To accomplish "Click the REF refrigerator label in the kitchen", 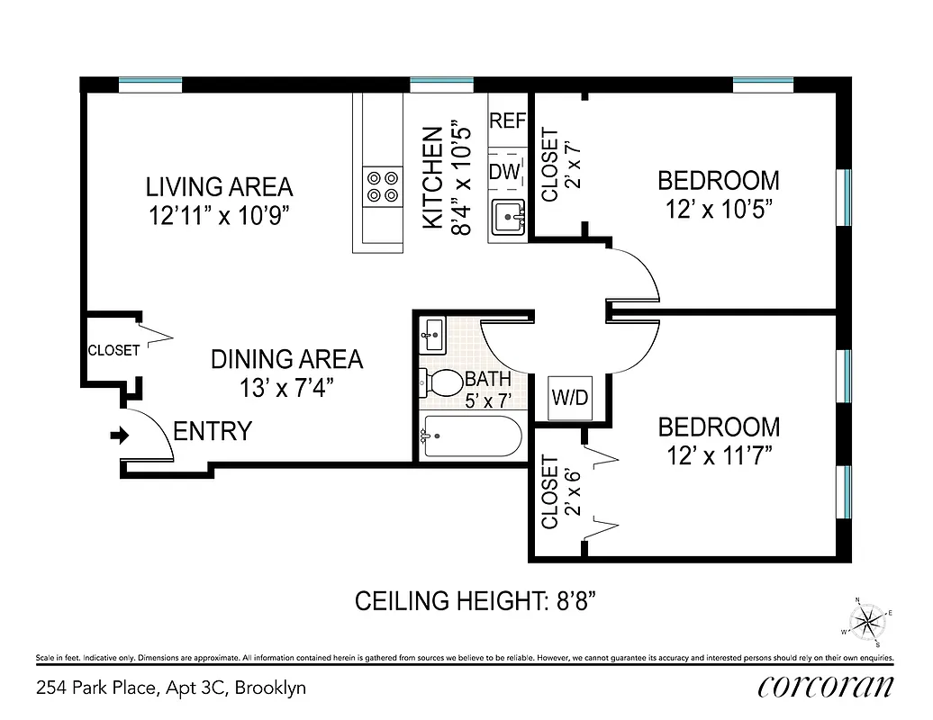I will pos(507,121).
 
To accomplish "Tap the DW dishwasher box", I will pos(506,171).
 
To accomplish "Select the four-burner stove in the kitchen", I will pos(382,185).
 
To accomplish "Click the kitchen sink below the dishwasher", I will pos(509,217).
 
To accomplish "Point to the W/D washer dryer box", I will pos(571,398).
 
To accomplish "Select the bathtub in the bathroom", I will pos(471,436).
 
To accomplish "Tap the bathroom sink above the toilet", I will pos(431,335).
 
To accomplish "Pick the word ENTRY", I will pos(213,432).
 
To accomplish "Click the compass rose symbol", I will pos(868,620).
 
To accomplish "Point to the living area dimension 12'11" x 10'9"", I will pos(220,216).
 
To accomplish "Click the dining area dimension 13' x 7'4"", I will pos(286,389).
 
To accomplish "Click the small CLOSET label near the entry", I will pos(113,350).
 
